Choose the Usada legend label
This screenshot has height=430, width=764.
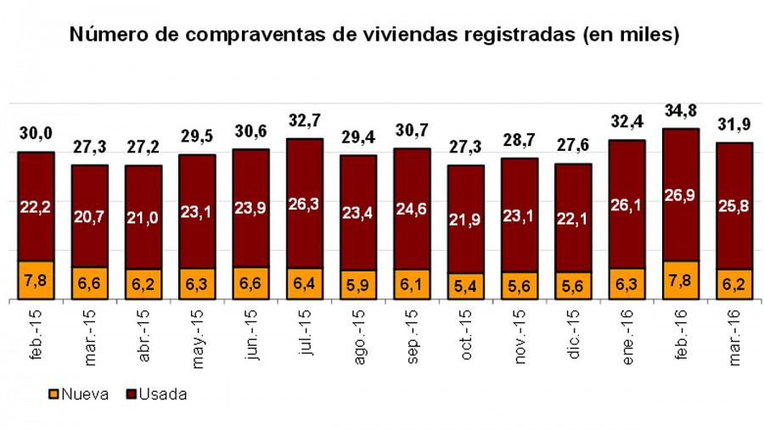[163, 394]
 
